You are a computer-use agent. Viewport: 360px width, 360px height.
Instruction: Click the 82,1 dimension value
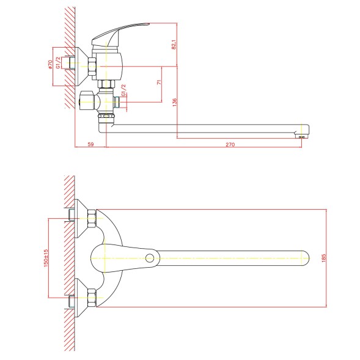click(174, 45)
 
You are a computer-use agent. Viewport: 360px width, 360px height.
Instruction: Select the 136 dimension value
click(174, 102)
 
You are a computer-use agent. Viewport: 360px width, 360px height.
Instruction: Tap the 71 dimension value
click(159, 82)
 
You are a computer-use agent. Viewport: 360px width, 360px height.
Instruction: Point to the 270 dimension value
click(230, 144)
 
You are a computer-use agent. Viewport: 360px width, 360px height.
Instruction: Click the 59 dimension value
click(91, 144)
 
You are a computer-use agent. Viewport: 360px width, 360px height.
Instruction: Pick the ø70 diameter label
click(50, 64)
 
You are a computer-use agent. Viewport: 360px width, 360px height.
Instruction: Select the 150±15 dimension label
click(46, 258)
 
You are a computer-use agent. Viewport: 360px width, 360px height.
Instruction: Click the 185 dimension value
click(324, 258)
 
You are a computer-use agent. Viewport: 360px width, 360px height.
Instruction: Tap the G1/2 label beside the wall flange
click(58, 63)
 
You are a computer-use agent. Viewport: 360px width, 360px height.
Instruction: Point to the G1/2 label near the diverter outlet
click(123, 90)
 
